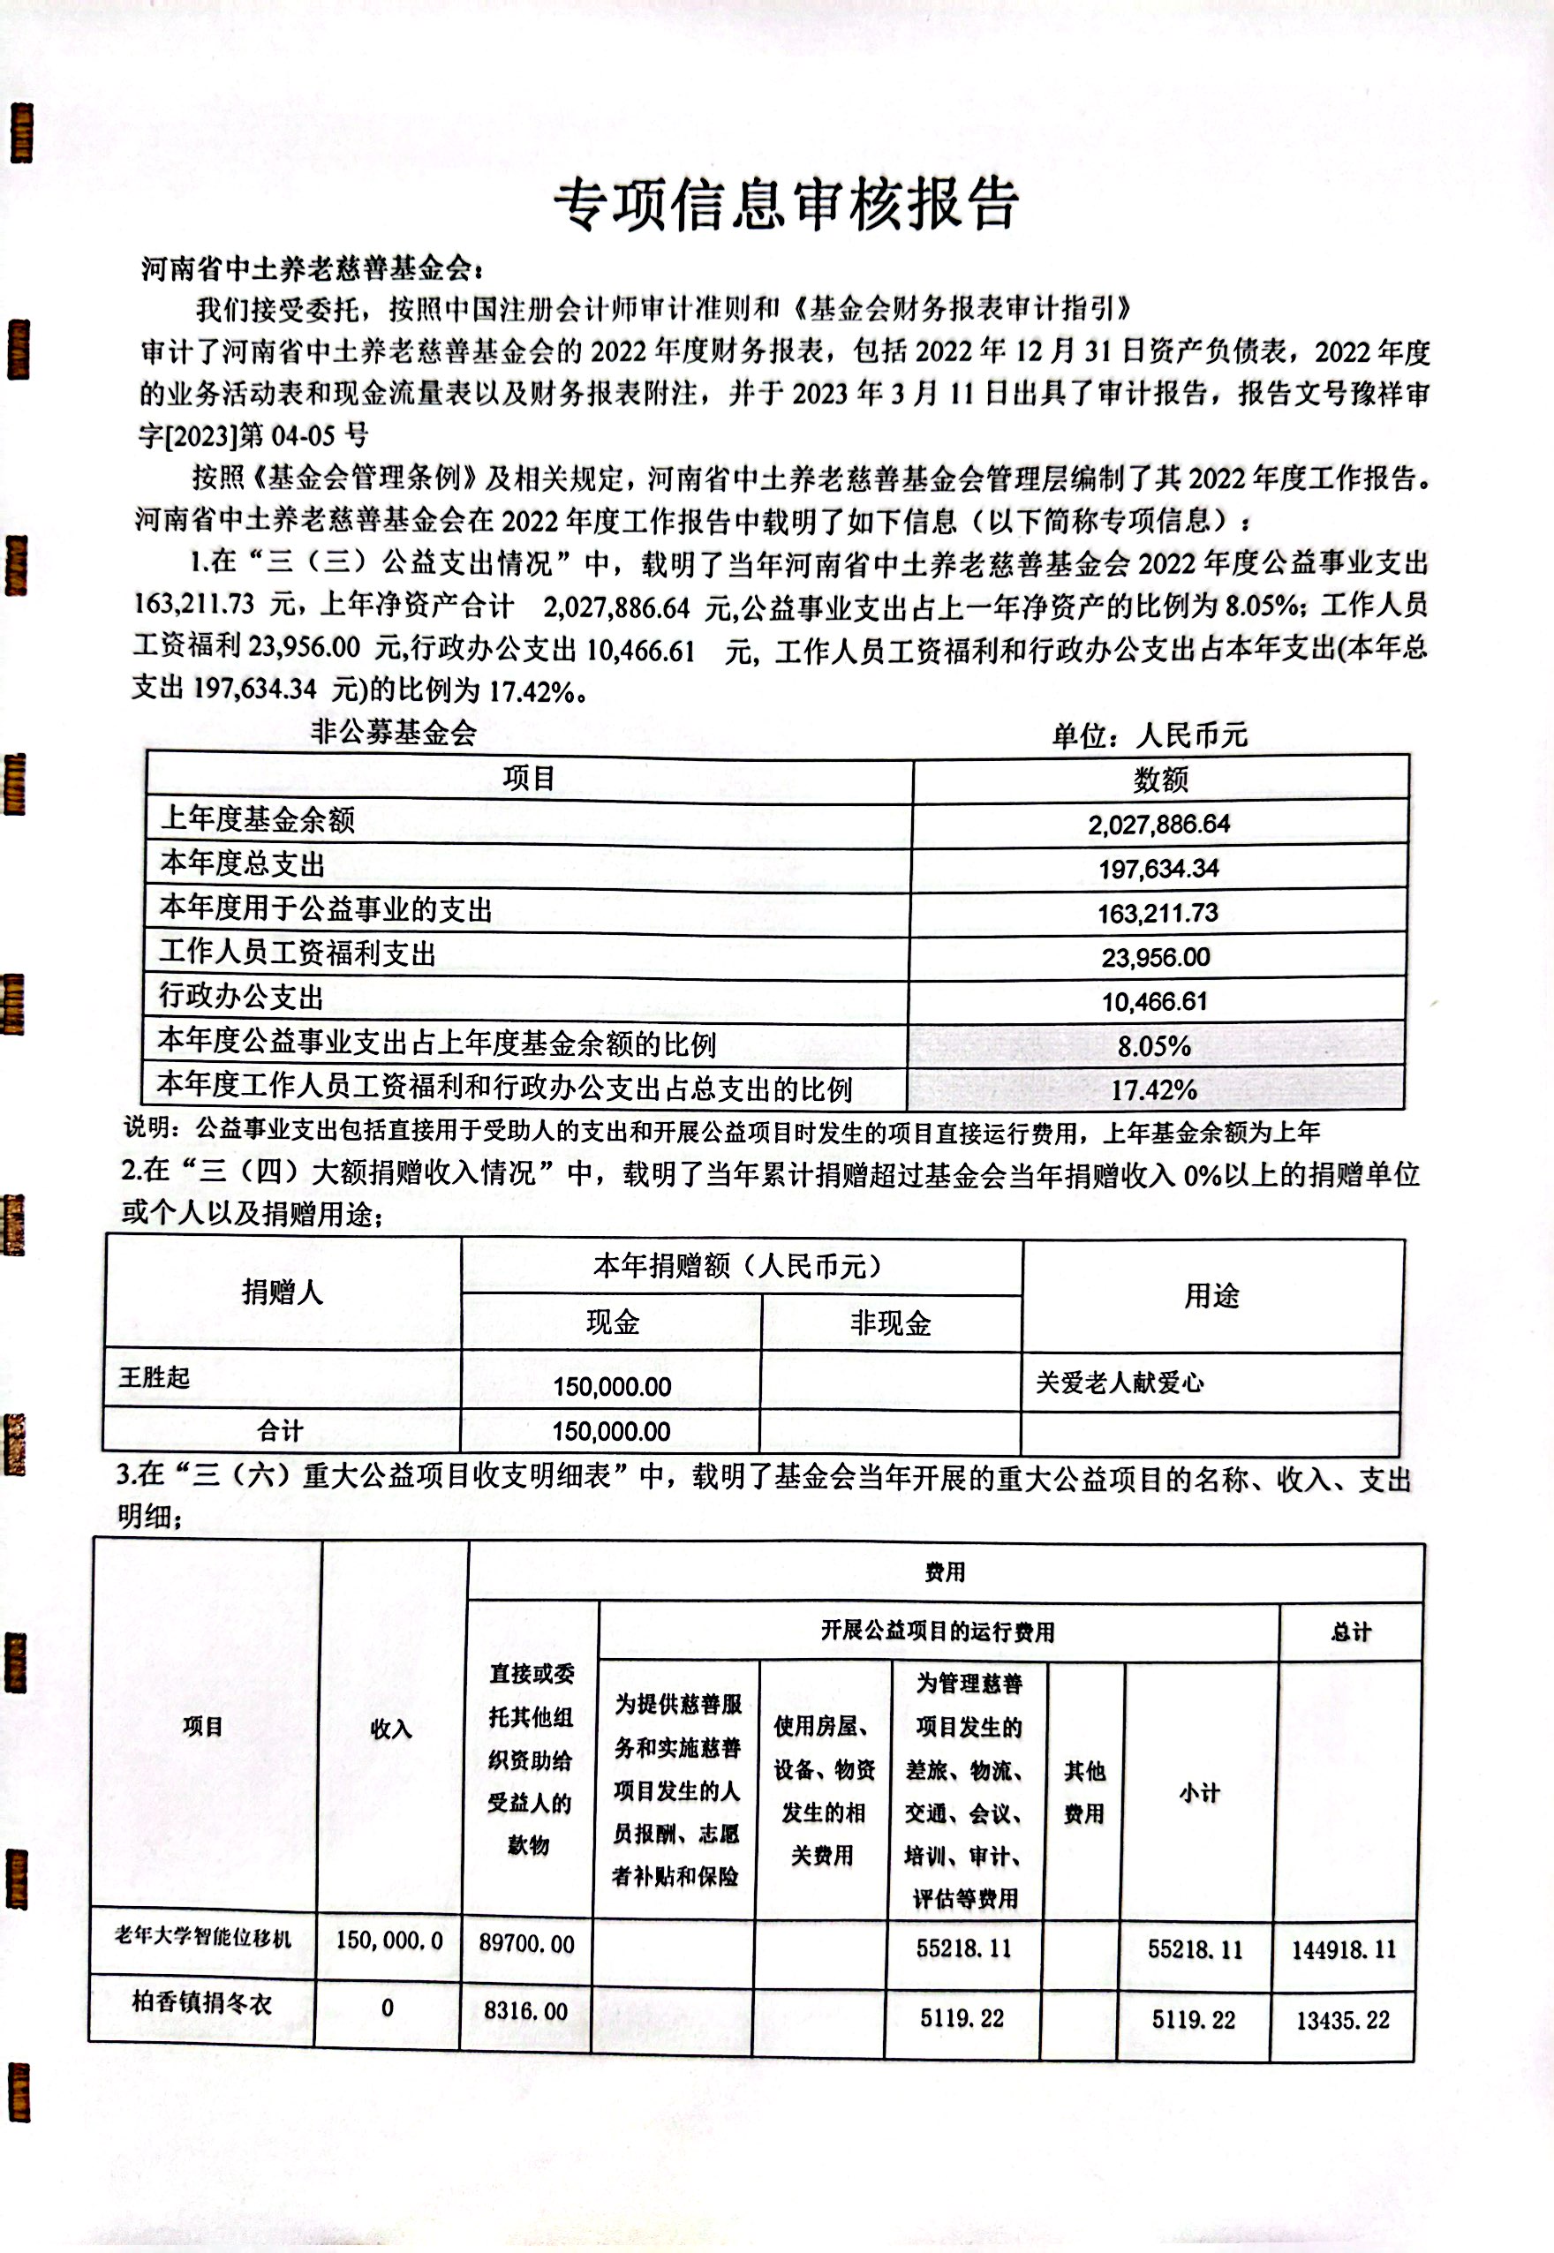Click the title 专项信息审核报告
click(x=786, y=205)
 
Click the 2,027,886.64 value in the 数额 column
click(x=1158, y=825)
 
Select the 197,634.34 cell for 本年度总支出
click(x=1158, y=869)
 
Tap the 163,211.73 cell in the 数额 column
click(x=1158, y=913)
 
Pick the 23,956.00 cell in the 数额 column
click(x=1156, y=957)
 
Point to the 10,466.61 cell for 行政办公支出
click(x=1155, y=1001)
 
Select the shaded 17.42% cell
click(x=1154, y=1089)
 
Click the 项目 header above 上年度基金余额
click(x=529, y=778)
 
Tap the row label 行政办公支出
click(x=241, y=996)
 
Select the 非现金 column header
click(x=890, y=1322)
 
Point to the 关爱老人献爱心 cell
click(x=1120, y=1382)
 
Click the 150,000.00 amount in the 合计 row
click(x=612, y=1431)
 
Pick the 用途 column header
click(x=1211, y=1296)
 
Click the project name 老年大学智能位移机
click(x=202, y=1937)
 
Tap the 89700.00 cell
click(x=527, y=1943)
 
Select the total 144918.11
click(x=1344, y=1949)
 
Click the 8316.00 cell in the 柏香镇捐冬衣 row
click(x=525, y=2010)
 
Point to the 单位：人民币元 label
click(x=1149, y=735)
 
